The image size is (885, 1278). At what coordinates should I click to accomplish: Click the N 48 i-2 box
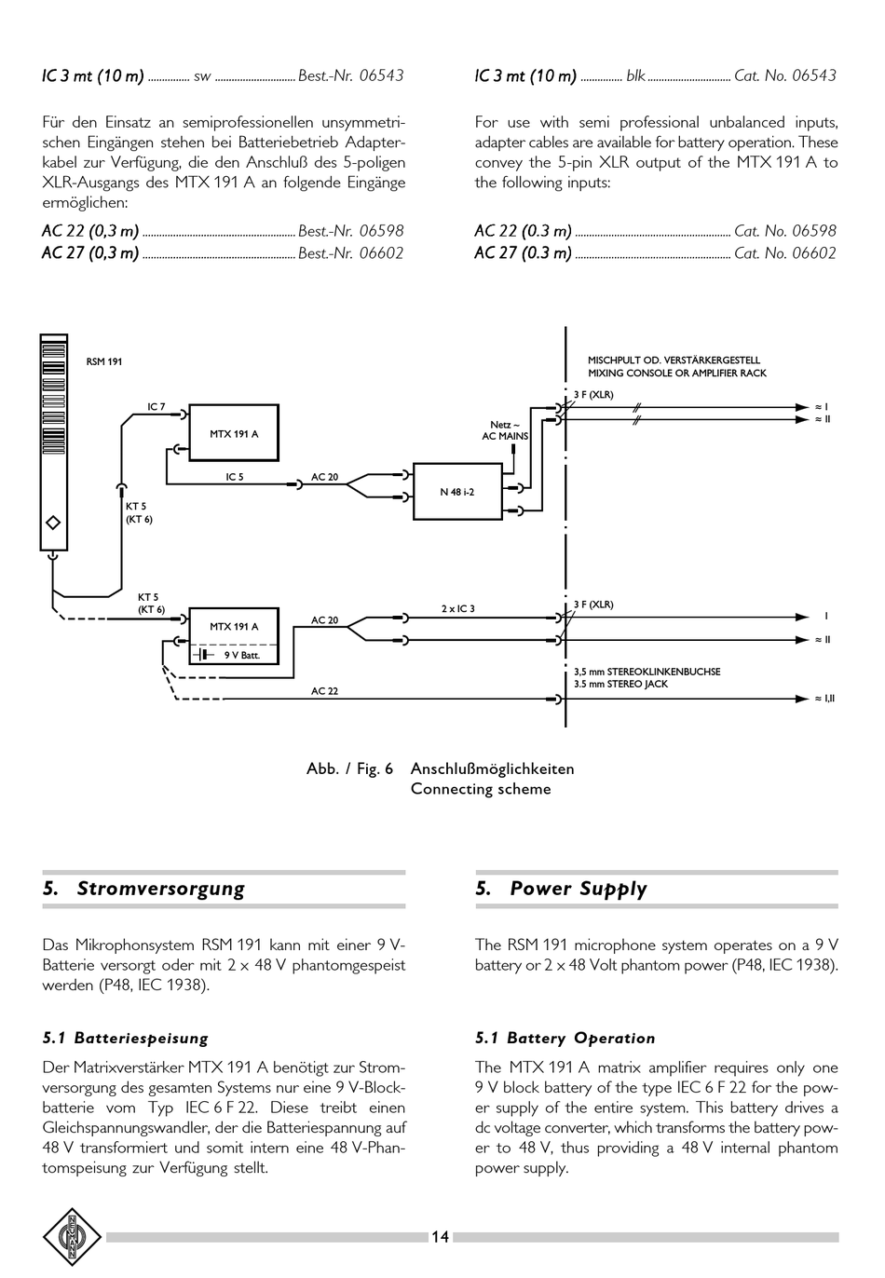click(x=457, y=492)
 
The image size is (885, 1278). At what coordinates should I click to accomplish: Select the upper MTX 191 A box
click(x=234, y=432)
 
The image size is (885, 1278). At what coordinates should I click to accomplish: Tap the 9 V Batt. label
click(x=242, y=656)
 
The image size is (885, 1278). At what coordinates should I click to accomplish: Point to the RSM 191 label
click(x=103, y=361)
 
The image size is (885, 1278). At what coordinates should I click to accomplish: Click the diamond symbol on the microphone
click(x=53, y=523)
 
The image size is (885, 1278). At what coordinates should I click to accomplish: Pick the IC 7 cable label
click(x=156, y=407)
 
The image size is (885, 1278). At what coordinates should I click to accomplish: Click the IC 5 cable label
click(x=235, y=477)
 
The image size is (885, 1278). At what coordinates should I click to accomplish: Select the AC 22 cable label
click(x=325, y=691)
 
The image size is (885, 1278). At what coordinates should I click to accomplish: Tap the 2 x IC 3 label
click(x=457, y=609)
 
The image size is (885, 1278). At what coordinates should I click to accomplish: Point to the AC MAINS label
click(x=505, y=437)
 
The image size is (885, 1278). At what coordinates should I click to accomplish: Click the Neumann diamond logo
click(x=72, y=1237)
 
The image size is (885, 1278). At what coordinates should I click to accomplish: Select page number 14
click(x=440, y=1237)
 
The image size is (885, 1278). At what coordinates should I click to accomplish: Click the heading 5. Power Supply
click(x=562, y=889)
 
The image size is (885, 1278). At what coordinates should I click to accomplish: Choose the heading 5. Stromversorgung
click(x=143, y=889)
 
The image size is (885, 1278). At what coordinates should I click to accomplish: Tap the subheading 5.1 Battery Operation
click(x=565, y=1038)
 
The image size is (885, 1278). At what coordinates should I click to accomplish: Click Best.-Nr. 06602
click(x=351, y=252)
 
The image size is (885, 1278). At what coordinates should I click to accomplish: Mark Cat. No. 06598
click(x=785, y=230)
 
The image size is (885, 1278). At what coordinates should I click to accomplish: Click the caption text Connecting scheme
click(x=481, y=789)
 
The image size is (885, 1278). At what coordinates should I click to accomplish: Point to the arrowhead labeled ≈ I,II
click(x=802, y=699)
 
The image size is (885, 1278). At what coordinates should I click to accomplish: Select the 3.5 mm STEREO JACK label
click(x=620, y=684)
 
